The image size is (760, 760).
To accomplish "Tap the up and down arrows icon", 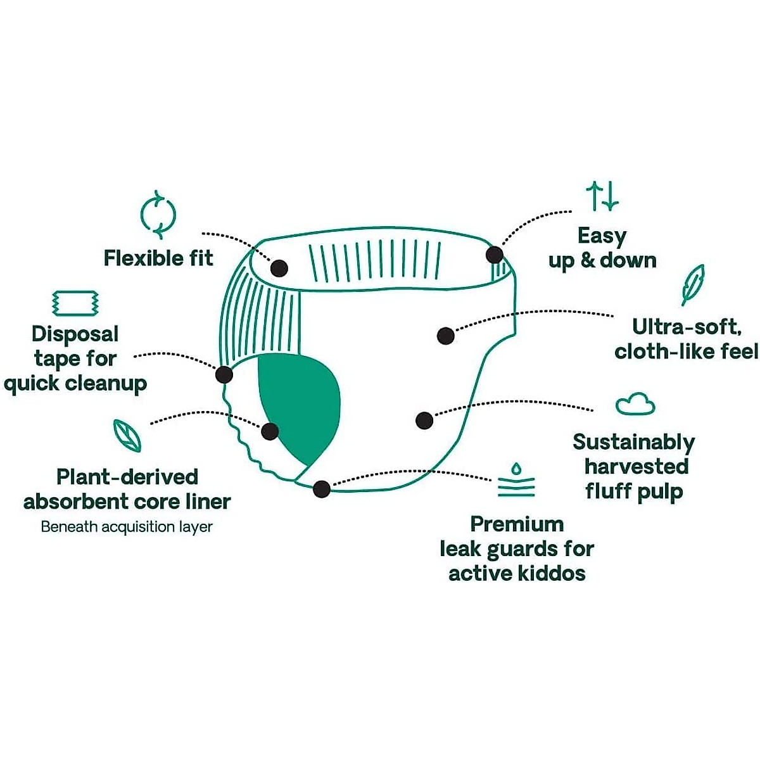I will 602,196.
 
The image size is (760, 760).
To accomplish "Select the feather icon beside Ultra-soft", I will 693,284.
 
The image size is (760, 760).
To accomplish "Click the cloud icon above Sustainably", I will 635,403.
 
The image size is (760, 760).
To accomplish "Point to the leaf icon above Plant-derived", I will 127,435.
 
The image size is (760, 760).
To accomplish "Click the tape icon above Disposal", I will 75,303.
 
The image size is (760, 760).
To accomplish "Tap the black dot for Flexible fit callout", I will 279,268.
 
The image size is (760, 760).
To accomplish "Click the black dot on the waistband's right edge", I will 495,255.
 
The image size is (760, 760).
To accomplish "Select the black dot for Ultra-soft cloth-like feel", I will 446,336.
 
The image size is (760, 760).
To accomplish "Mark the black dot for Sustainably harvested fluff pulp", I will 424,420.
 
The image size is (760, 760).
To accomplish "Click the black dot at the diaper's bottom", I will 322,489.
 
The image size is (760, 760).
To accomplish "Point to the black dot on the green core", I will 270,431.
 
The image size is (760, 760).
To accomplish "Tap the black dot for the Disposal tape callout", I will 224,374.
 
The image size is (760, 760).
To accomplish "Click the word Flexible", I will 135,258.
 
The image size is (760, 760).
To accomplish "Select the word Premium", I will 517,524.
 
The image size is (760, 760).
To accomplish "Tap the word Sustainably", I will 633,442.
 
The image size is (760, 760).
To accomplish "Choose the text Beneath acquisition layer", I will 127,527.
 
